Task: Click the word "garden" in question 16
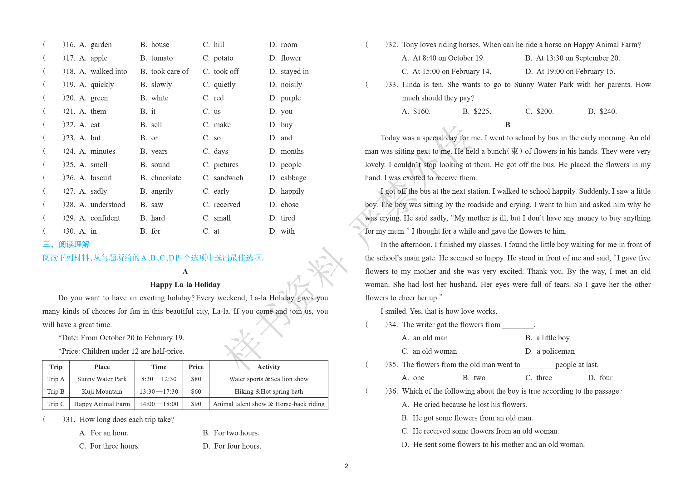pos(101,45)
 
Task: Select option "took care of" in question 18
pos(170,71)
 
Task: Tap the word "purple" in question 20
pos(290,98)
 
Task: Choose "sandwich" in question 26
pos(228,178)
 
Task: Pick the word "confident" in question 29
pos(105,218)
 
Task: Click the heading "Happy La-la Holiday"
pos(185,284)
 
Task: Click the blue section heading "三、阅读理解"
pos(66,245)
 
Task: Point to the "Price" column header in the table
pos(196,367)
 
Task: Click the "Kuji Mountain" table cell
pos(102,391)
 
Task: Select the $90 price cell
pos(196,404)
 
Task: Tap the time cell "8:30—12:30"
pos(159,379)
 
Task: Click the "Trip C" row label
pos(56,404)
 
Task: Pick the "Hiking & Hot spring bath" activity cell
pos(268,391)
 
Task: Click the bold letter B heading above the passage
pos(508,125)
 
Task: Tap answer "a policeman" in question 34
pos(555,351)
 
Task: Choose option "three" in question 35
pos(544,378)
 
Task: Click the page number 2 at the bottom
pos(346,466)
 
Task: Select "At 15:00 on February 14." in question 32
pos(451,71)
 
